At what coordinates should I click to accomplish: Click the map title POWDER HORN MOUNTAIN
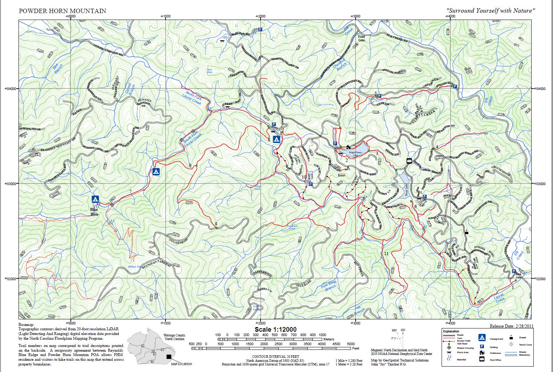click(62, 11)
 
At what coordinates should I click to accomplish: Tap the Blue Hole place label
click(94, 212)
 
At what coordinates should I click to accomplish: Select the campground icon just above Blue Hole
click(95, 199)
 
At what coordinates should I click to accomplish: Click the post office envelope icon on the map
click(409, 161)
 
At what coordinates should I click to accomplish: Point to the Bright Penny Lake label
click(355, 154)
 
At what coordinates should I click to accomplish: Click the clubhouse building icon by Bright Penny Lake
click(348, 147)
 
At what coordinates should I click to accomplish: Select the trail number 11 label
click(386, 254)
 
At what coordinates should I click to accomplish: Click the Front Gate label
click(361, 38)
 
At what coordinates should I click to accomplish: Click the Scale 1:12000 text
click(275, 330)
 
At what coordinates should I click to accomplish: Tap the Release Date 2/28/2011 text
click(511, 326)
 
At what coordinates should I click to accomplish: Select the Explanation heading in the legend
click(451, 331)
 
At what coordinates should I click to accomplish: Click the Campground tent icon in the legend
click(482, 338)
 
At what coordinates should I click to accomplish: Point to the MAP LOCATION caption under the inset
click(181, 364)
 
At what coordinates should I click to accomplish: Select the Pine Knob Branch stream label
click(329, 285)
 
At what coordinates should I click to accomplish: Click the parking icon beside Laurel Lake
click(311, 184)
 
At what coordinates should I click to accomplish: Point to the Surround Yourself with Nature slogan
click(491, 11)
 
